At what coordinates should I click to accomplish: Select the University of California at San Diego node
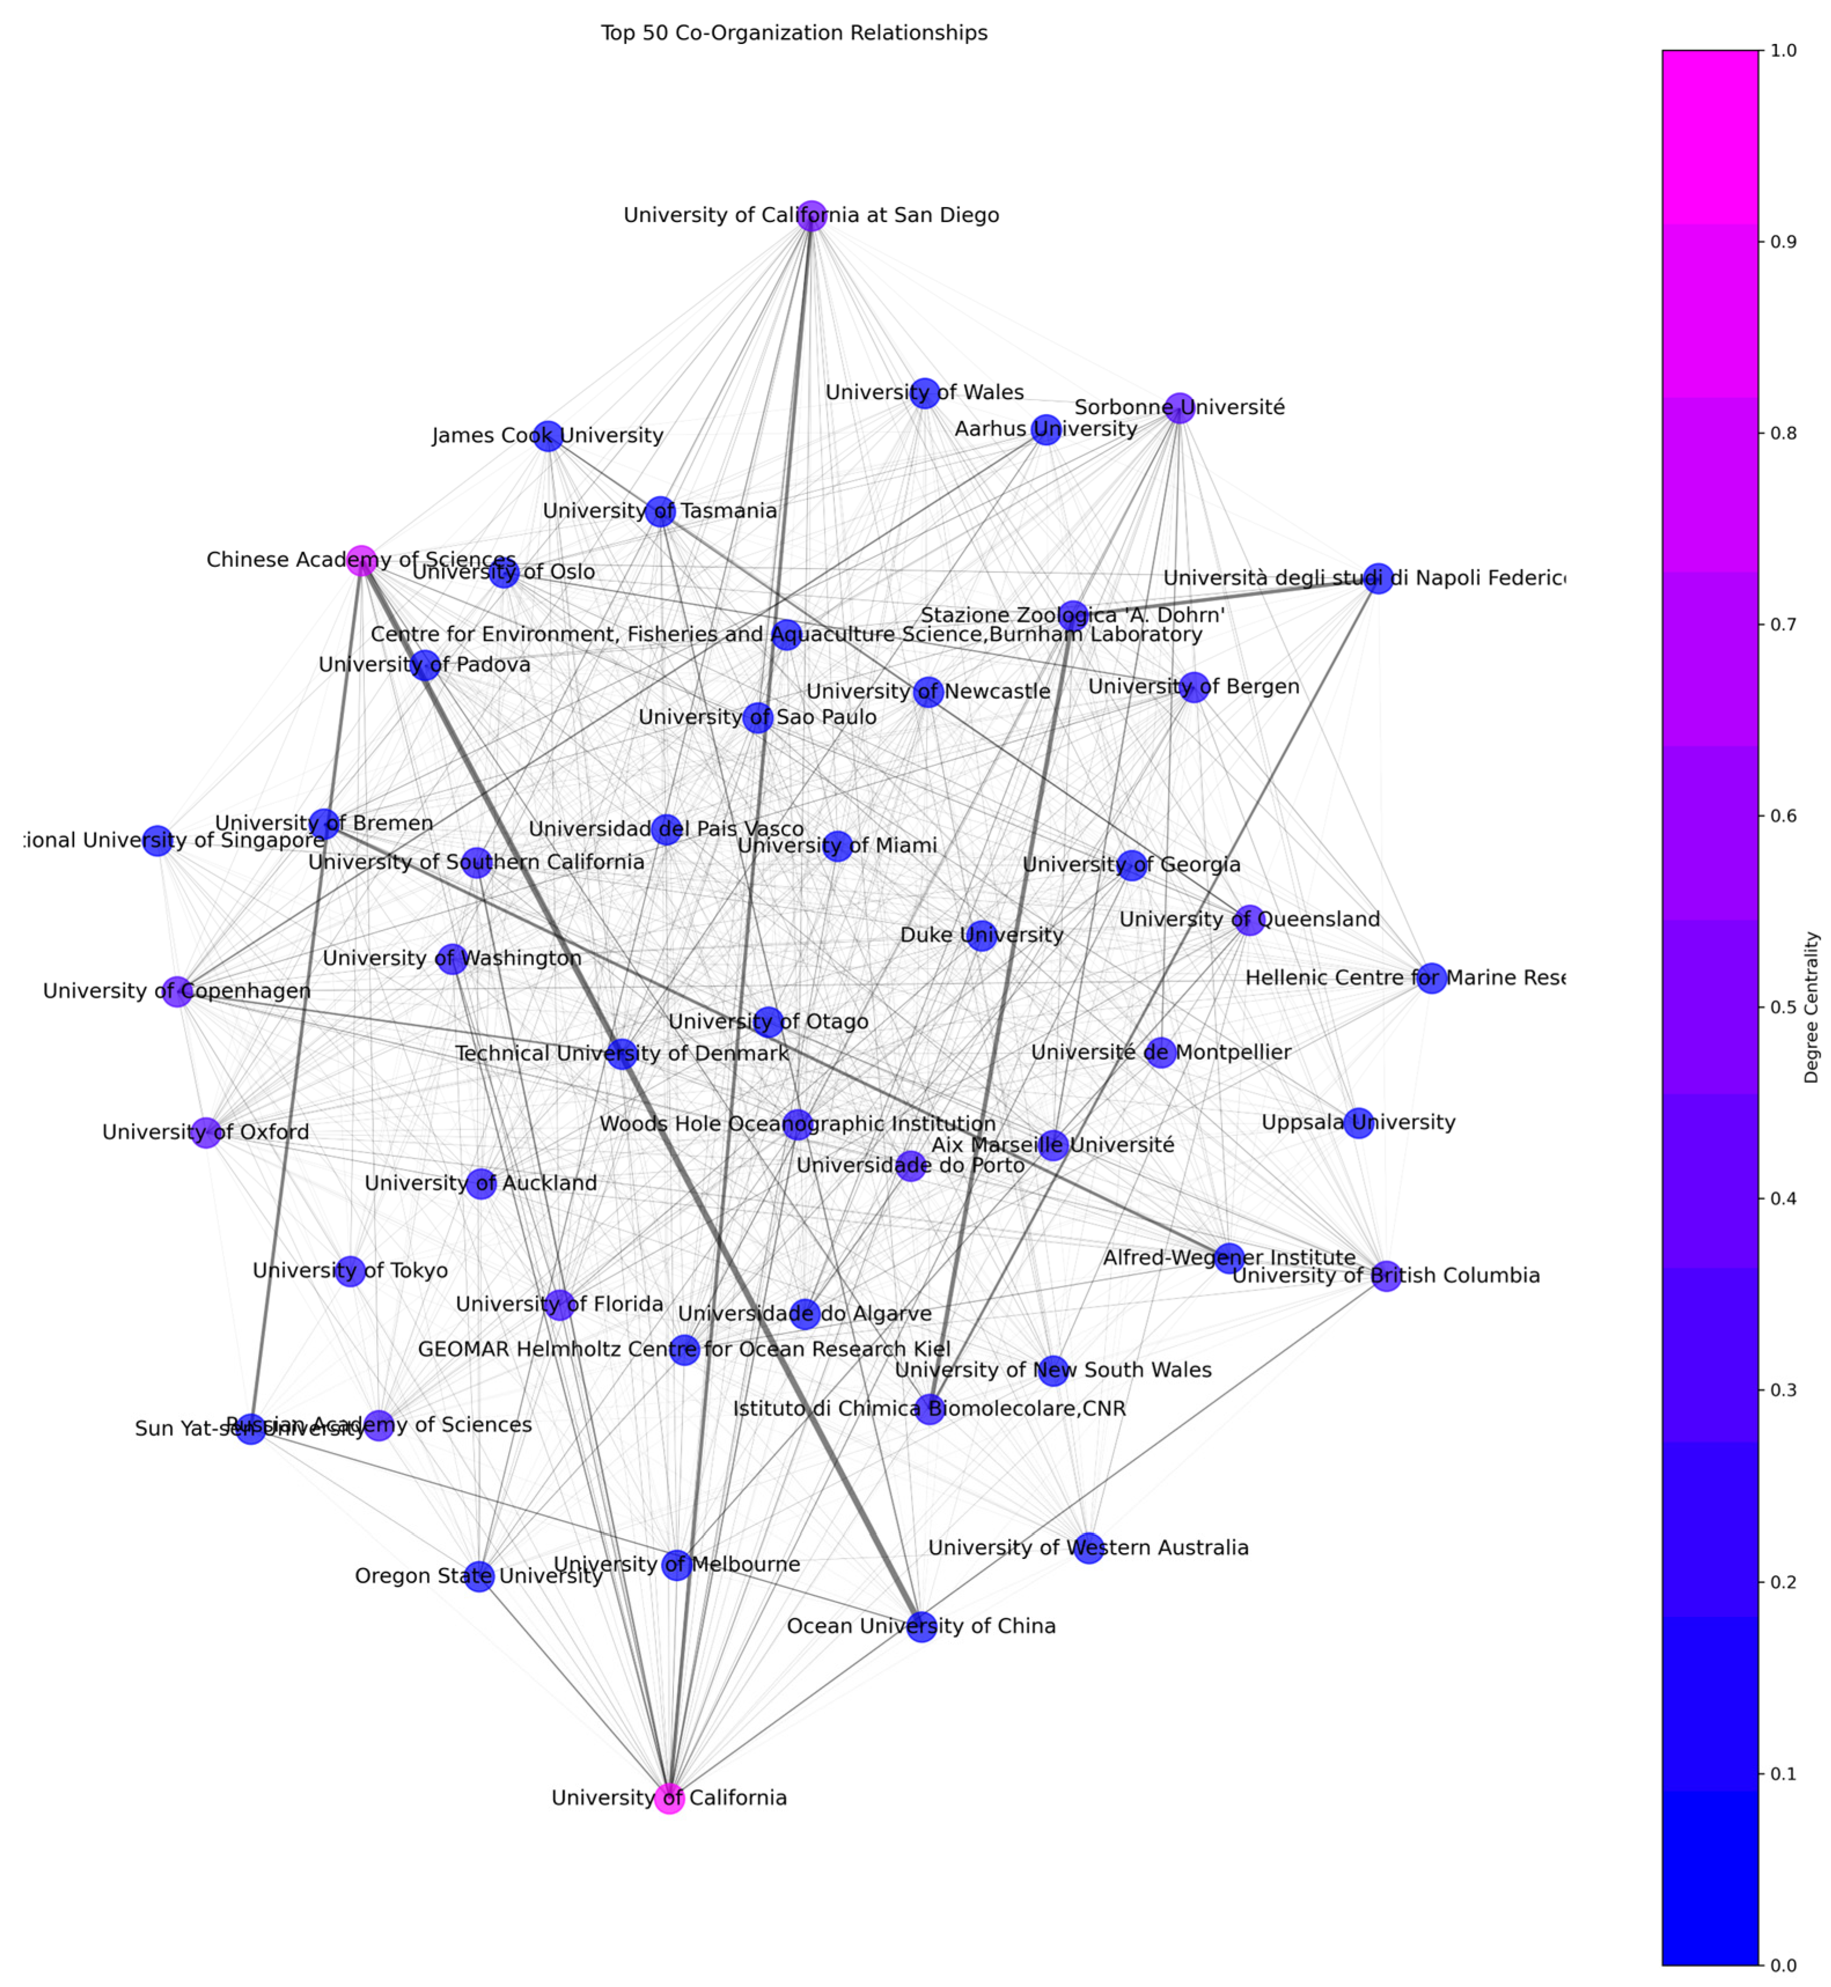(811, 215)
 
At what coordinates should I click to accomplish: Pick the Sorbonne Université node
(1178, 407)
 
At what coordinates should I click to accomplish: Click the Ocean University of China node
(921, 1627)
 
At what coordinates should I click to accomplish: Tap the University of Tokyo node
(350, 1271)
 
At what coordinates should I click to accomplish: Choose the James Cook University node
(548, 436)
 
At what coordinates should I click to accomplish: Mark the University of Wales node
(924, 392)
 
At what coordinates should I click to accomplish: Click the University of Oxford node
(205, 1132)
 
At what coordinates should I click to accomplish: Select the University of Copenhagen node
(177, 991)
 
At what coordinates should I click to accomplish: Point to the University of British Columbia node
(1386, 1276)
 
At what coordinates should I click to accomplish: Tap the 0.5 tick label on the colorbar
(1784, 1007)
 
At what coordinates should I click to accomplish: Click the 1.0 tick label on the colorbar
(1784, 50)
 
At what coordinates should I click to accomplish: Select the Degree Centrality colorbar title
(1811, 1007)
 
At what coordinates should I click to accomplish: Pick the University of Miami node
(837, 846)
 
